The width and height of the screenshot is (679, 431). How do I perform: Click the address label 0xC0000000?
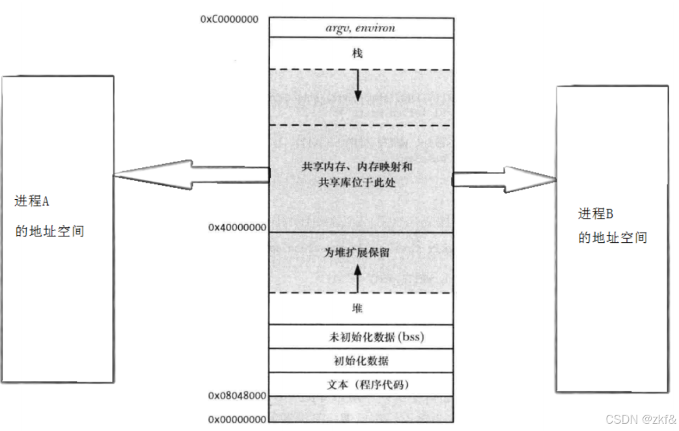pos(229,19)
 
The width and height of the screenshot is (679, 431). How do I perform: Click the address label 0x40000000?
pos(237,227)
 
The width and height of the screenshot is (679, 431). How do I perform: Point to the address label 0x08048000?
pos(237,396)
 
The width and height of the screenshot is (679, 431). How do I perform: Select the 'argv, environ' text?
pos(360,28)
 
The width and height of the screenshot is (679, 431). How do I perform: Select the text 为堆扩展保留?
pos(357,252)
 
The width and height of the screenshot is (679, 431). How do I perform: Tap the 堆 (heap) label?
pos(357,309)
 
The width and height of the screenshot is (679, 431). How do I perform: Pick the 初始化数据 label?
pos(360,360)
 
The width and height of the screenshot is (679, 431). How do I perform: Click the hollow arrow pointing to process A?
pos(189,174)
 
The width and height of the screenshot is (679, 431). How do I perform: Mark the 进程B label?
pos(596,214)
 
